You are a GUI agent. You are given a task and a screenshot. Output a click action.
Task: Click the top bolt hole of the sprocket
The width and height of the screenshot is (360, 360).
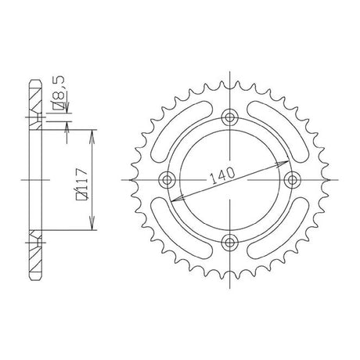[229, 117]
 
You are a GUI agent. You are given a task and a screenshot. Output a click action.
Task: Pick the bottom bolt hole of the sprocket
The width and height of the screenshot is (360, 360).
[229, 243]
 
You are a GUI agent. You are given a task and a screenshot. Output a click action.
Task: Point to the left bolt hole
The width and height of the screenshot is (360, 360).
[167, 180]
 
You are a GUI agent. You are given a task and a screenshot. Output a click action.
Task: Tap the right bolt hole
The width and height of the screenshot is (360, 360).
[292, 180]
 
